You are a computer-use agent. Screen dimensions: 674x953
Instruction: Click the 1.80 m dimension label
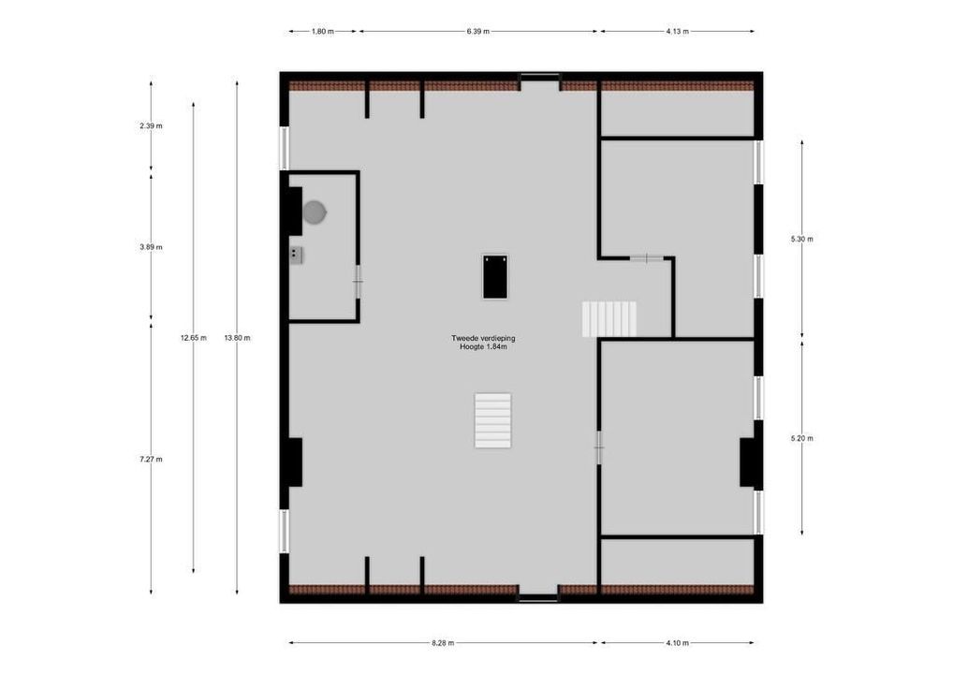[323, 31]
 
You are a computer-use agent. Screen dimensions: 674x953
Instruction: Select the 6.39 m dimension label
[478, 31]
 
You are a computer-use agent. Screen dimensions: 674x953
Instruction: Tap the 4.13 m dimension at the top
[677, 31]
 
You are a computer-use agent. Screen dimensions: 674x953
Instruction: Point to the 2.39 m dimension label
[151, 125]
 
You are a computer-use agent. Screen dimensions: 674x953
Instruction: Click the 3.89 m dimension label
[151, 247]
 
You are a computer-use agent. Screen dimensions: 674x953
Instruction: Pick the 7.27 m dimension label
[151, 459]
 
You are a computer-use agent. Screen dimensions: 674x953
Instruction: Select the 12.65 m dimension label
[193, 338]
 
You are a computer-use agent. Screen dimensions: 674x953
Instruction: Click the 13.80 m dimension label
[237, 338]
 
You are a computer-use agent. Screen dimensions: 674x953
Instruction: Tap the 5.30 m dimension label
[801, 239]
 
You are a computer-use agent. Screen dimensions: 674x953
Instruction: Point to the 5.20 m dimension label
[801, 438]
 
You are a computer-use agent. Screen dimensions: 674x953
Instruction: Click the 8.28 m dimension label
[443, 643]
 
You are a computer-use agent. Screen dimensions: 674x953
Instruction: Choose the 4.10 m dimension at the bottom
[677, 643]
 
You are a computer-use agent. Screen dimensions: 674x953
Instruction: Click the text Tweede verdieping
[483, 338]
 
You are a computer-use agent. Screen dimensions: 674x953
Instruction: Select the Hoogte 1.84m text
[483, 347]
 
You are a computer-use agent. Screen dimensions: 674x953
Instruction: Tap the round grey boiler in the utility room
[315, 213]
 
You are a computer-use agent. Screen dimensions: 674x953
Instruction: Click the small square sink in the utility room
[296, 254]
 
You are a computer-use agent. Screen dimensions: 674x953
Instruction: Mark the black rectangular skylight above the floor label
[495, 276]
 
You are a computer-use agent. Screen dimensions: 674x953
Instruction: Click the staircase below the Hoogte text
[493, 420]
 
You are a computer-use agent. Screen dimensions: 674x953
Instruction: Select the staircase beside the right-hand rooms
[608, 319]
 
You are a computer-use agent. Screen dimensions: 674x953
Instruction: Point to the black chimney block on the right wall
[748, 462]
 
